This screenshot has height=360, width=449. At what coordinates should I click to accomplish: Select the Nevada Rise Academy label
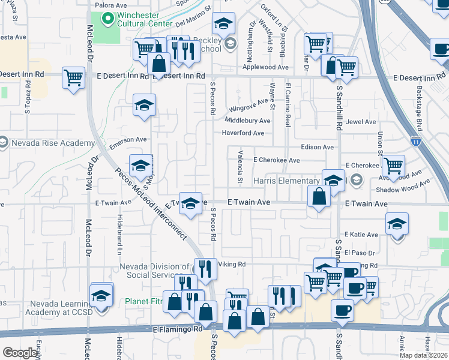click(52, 143)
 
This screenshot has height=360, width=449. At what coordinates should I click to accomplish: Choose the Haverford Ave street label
click(243, 133)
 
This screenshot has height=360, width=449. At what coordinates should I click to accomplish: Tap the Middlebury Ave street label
click(247, 121)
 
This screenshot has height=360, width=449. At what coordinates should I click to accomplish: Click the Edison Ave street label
click(316, 147)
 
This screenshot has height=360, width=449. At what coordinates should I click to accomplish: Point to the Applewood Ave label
click(266, 68)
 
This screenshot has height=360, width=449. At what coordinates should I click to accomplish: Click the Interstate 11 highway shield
click(416, 141)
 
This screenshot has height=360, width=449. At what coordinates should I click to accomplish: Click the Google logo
click(20, 353)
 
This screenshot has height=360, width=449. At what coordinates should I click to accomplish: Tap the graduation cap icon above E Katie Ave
click(397, 224)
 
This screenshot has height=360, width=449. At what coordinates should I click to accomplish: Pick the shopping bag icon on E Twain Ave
click(319, 196)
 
